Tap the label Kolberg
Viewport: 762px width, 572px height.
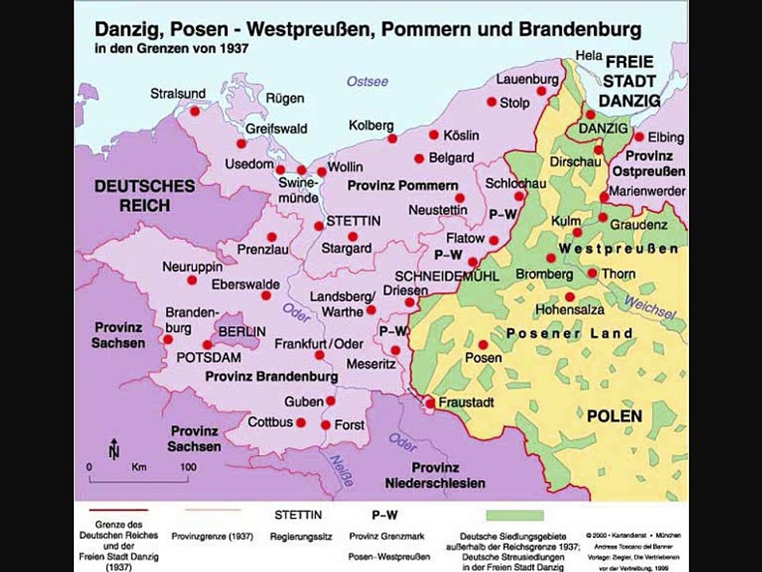coord(371,126)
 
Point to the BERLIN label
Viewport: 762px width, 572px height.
coord(242,330)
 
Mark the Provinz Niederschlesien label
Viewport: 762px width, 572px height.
coord(446,474)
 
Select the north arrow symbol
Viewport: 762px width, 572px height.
coord(114,449)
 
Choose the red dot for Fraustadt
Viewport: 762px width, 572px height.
coord(429,404)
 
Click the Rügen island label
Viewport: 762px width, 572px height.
coord(288,99)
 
